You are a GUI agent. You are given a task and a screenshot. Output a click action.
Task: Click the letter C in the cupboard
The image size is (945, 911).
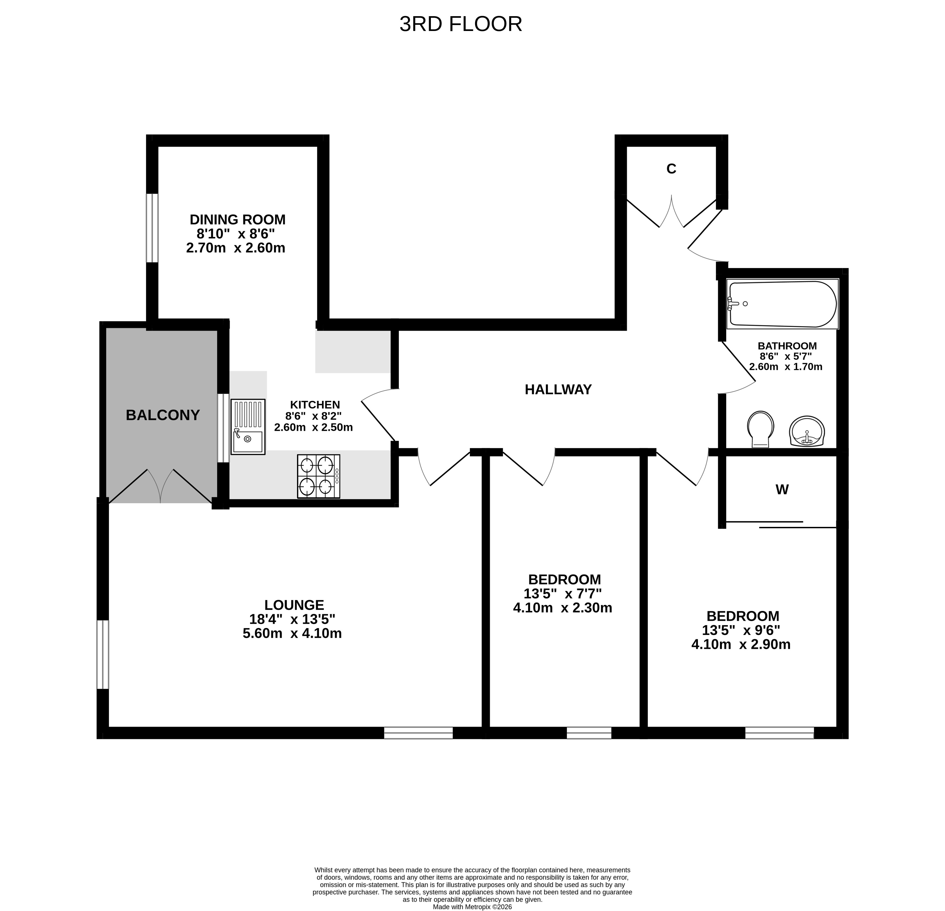pyautogui.click(x=671, y=169)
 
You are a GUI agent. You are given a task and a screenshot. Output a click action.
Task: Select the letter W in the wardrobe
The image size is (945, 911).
pyautogui.click(x=782, y=490)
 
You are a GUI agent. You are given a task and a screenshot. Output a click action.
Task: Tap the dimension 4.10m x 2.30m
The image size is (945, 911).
pyautogui.click(x=563, y=608)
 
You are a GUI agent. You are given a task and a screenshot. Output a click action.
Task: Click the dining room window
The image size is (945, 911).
pyautogui.click(x=152, y=228)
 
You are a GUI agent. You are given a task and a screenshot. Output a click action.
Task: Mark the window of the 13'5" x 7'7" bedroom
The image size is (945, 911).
pyautogui.click(x=589, y=733)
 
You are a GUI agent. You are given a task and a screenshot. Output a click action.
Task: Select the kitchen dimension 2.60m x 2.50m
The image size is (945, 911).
pyautogui.click(x=313, y=427)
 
